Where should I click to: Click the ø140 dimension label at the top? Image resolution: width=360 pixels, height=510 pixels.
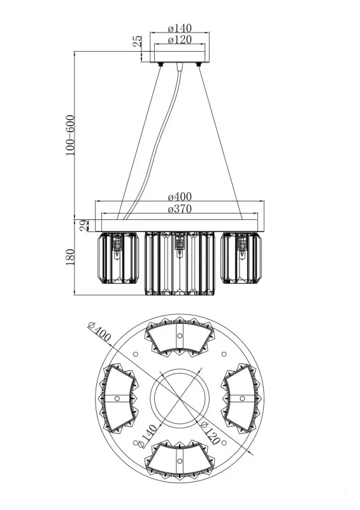pos(180,28)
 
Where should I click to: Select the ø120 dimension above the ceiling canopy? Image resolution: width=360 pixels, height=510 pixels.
pos(180,40)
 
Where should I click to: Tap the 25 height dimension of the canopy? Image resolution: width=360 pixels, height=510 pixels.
pos(138,41)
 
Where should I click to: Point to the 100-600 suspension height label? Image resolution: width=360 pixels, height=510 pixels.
pos(70,135)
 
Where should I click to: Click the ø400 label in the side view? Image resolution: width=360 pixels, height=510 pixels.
pos(180,197)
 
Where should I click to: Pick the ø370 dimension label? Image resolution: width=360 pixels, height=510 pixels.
pos(180,209)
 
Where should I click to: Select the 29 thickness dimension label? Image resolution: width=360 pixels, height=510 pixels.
pos(84,225)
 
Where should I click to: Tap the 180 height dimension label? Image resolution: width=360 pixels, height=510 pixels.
pos(70,257)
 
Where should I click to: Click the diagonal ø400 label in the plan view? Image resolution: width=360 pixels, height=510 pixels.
pos(99,332)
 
